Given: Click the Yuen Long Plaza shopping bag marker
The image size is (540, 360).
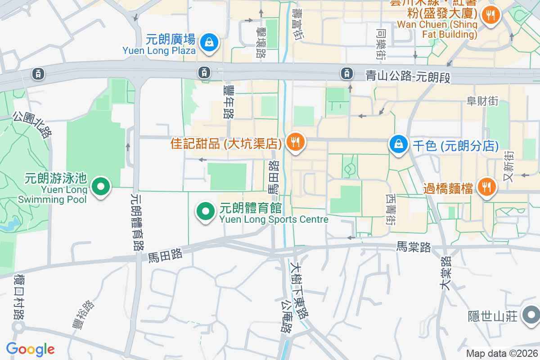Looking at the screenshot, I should click(x=209, y=43).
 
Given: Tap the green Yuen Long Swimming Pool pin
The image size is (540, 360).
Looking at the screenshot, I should click(x=101, y=187).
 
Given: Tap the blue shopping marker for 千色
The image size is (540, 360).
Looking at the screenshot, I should click(x=399, y=145).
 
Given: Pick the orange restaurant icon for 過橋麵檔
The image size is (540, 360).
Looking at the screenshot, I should click(x=486, y=188).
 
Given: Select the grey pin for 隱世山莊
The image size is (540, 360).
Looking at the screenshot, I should click(x=531, y=315).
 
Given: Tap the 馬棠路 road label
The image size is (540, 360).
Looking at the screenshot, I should click(x=414, y=247).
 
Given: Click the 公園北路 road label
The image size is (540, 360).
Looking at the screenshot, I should click(x=32, y=124).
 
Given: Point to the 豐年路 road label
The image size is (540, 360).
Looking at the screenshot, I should click(x=228, y=102).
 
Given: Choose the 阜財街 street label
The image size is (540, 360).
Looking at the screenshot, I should click(x=482, y=101).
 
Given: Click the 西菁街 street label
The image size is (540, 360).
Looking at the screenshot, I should click(x=390, y=209).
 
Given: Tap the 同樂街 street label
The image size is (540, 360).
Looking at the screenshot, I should click(x=381, y=44).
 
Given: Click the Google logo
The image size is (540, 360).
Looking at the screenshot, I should click(x=30, y=349).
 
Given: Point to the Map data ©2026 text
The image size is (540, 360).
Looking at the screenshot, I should click(x=502, y=354).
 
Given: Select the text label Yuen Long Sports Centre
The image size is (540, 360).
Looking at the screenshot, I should click(x=274, y=220).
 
